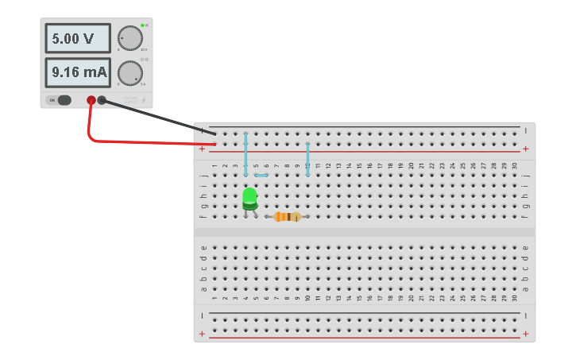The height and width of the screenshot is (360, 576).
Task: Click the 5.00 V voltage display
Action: pyautogui.click(x=77, y=38)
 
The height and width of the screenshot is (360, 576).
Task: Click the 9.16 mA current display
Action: pyautogui.click(x=77, y=72)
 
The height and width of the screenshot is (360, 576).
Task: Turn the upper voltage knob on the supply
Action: pyautogui.click(x=130, y=37)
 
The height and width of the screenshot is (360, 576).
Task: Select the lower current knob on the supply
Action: pyautogui.click(x=130, y=72)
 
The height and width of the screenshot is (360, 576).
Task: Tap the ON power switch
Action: pyautogui.click(x=60, y=100)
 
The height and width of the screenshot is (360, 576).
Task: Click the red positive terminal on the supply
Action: pyautogui.click(x=91, y=100)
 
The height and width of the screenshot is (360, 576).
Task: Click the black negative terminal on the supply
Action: pyautogui.click(x=102, y=100)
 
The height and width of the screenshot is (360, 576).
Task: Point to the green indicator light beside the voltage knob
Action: pyautogui.click(x=142, y=25)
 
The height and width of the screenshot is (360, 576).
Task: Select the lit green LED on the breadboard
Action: pyautogui.click(x=249, y=196)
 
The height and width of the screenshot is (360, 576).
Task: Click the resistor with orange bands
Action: pyautogui.click(x=287, y=216)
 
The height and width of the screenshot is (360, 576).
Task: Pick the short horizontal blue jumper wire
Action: pyautogui.click(x=261, y=175)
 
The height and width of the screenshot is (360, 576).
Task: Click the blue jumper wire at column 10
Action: pyautogui.click(x=307, y=159)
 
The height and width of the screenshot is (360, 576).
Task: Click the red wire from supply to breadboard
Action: pyautogui.click(x=143, y=143)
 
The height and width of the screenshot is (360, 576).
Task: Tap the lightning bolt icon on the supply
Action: pyautogui.click(x=144, y=100)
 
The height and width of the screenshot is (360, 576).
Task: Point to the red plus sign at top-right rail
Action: pyautogui.click(x=525, y=149)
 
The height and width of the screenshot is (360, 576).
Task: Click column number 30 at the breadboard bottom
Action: pyautogui.click(x=515, y=298)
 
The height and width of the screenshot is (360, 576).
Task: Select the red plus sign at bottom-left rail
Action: pyautogui.click(x=203, y=334)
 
